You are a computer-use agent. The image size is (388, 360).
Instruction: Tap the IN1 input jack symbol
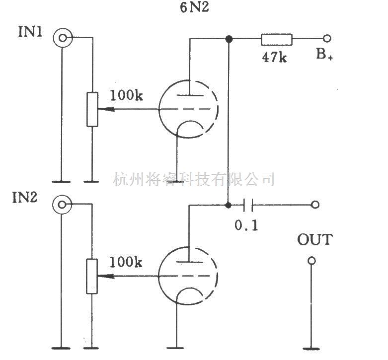click(63, 37)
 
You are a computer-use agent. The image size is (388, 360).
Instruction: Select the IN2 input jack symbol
click(63, 204)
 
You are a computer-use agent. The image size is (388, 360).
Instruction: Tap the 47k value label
click(274, 57)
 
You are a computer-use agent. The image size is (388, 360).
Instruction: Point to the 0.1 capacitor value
click(246, 224)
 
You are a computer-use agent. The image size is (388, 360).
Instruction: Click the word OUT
click(314, 240)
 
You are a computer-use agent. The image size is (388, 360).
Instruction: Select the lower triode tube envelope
click(188, 276)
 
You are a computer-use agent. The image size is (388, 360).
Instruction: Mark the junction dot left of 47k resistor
click(229, 39)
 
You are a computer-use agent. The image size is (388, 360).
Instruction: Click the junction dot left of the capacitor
click(229, 204)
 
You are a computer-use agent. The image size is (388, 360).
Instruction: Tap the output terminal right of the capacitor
click(314, 204)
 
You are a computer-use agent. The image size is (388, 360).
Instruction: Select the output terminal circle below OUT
click(311, 261)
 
